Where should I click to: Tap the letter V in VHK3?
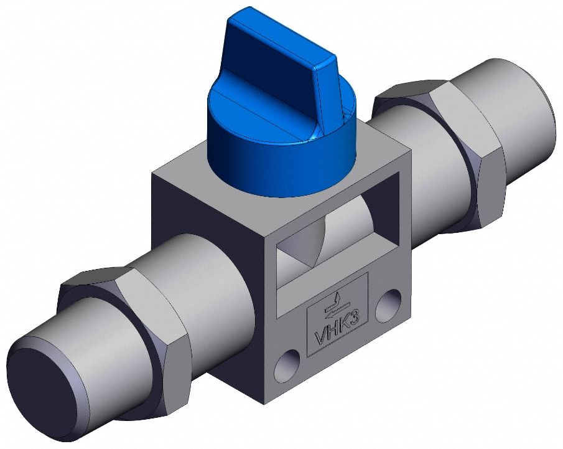(320, 336)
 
